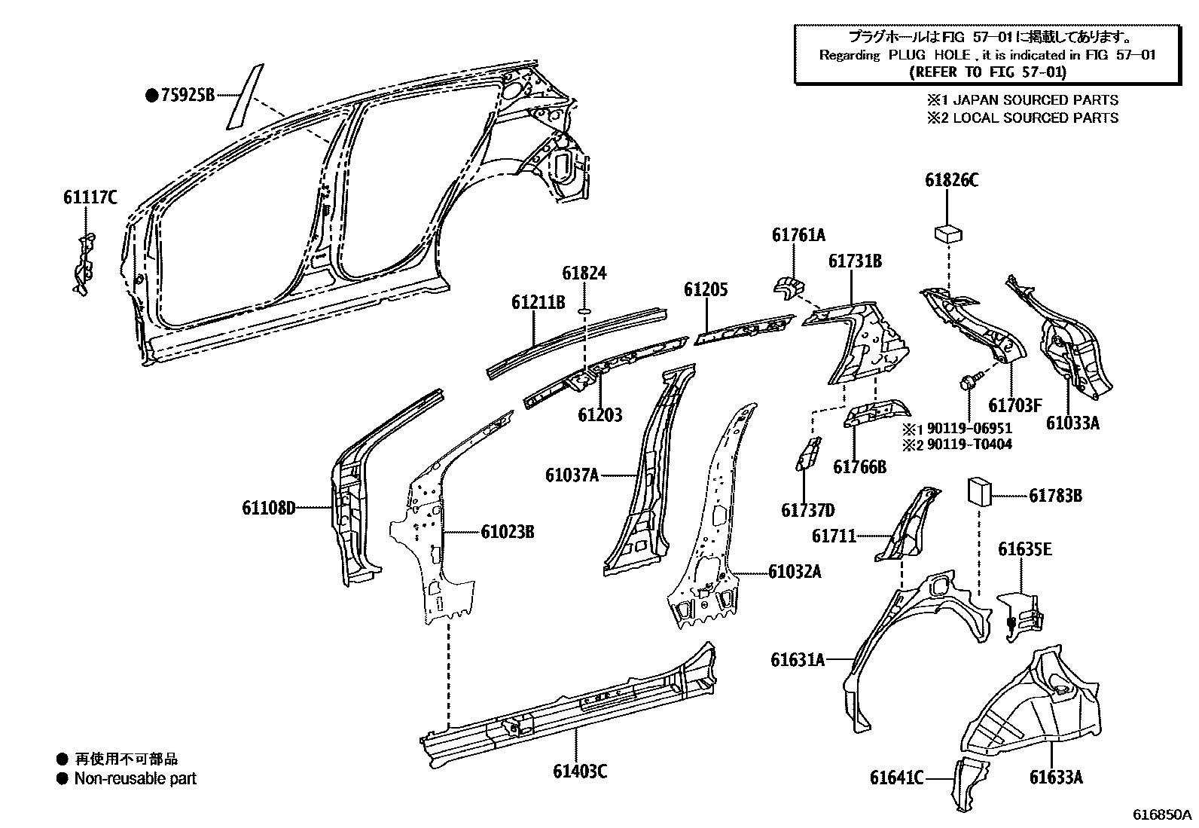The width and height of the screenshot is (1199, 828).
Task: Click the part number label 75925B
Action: tap(188, 95)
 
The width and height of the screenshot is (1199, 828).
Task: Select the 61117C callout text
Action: tap(90, 198)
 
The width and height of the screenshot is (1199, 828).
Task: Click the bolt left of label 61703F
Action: tap(966, 381)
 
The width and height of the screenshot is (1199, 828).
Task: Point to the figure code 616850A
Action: tap(1163, 814)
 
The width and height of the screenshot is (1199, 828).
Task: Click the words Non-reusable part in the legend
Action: tap(135, 779)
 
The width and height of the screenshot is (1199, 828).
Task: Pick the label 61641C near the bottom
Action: tap(896, 778)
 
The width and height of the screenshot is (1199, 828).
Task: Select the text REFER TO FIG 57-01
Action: tap(987, 72)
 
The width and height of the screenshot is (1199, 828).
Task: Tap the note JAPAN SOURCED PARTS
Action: tap(1036, 99)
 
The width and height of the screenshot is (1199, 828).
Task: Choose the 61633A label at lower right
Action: tap(1056, 778)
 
